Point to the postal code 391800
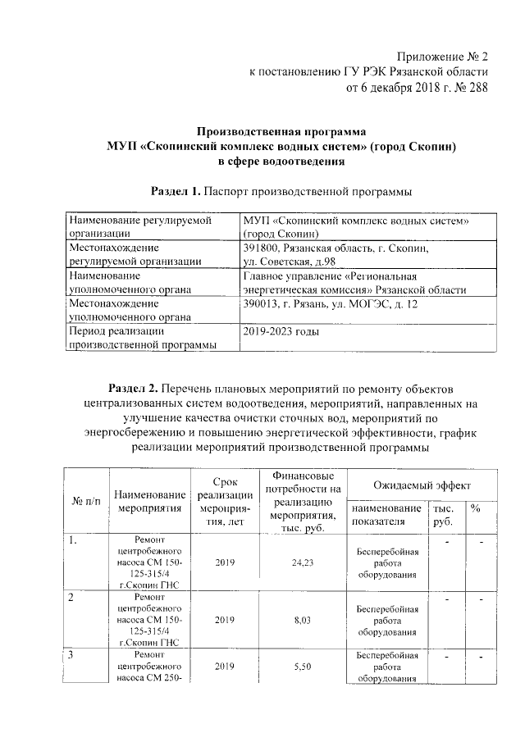[x=261, y=247]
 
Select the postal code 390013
[x=261, y=304]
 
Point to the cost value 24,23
[x=303, y=563]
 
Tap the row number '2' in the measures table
[x=71, y=598]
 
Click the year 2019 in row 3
[x=224, y=667]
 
